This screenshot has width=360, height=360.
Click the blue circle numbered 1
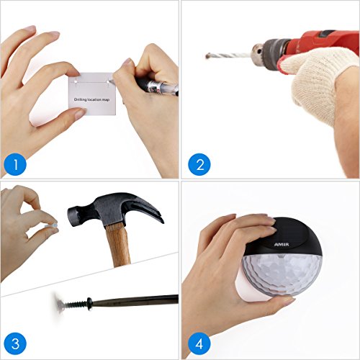tap(15, 164)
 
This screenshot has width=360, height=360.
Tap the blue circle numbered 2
tap(199, 164)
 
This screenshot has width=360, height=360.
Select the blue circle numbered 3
tap(15, 343)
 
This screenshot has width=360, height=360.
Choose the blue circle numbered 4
tap(199, 343)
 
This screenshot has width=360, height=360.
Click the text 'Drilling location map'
tap(91, 99)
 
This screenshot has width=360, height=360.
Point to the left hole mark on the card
tap(76, 81)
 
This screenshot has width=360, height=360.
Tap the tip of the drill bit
tap(207, 56)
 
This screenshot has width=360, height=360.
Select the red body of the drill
tap(322, 45)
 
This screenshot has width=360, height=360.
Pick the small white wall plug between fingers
tap(51, 226)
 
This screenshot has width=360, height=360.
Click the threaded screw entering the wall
tap(73, 305)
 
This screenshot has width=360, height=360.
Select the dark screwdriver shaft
tap(135, 301)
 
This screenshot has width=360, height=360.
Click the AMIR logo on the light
tap(282, 245)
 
